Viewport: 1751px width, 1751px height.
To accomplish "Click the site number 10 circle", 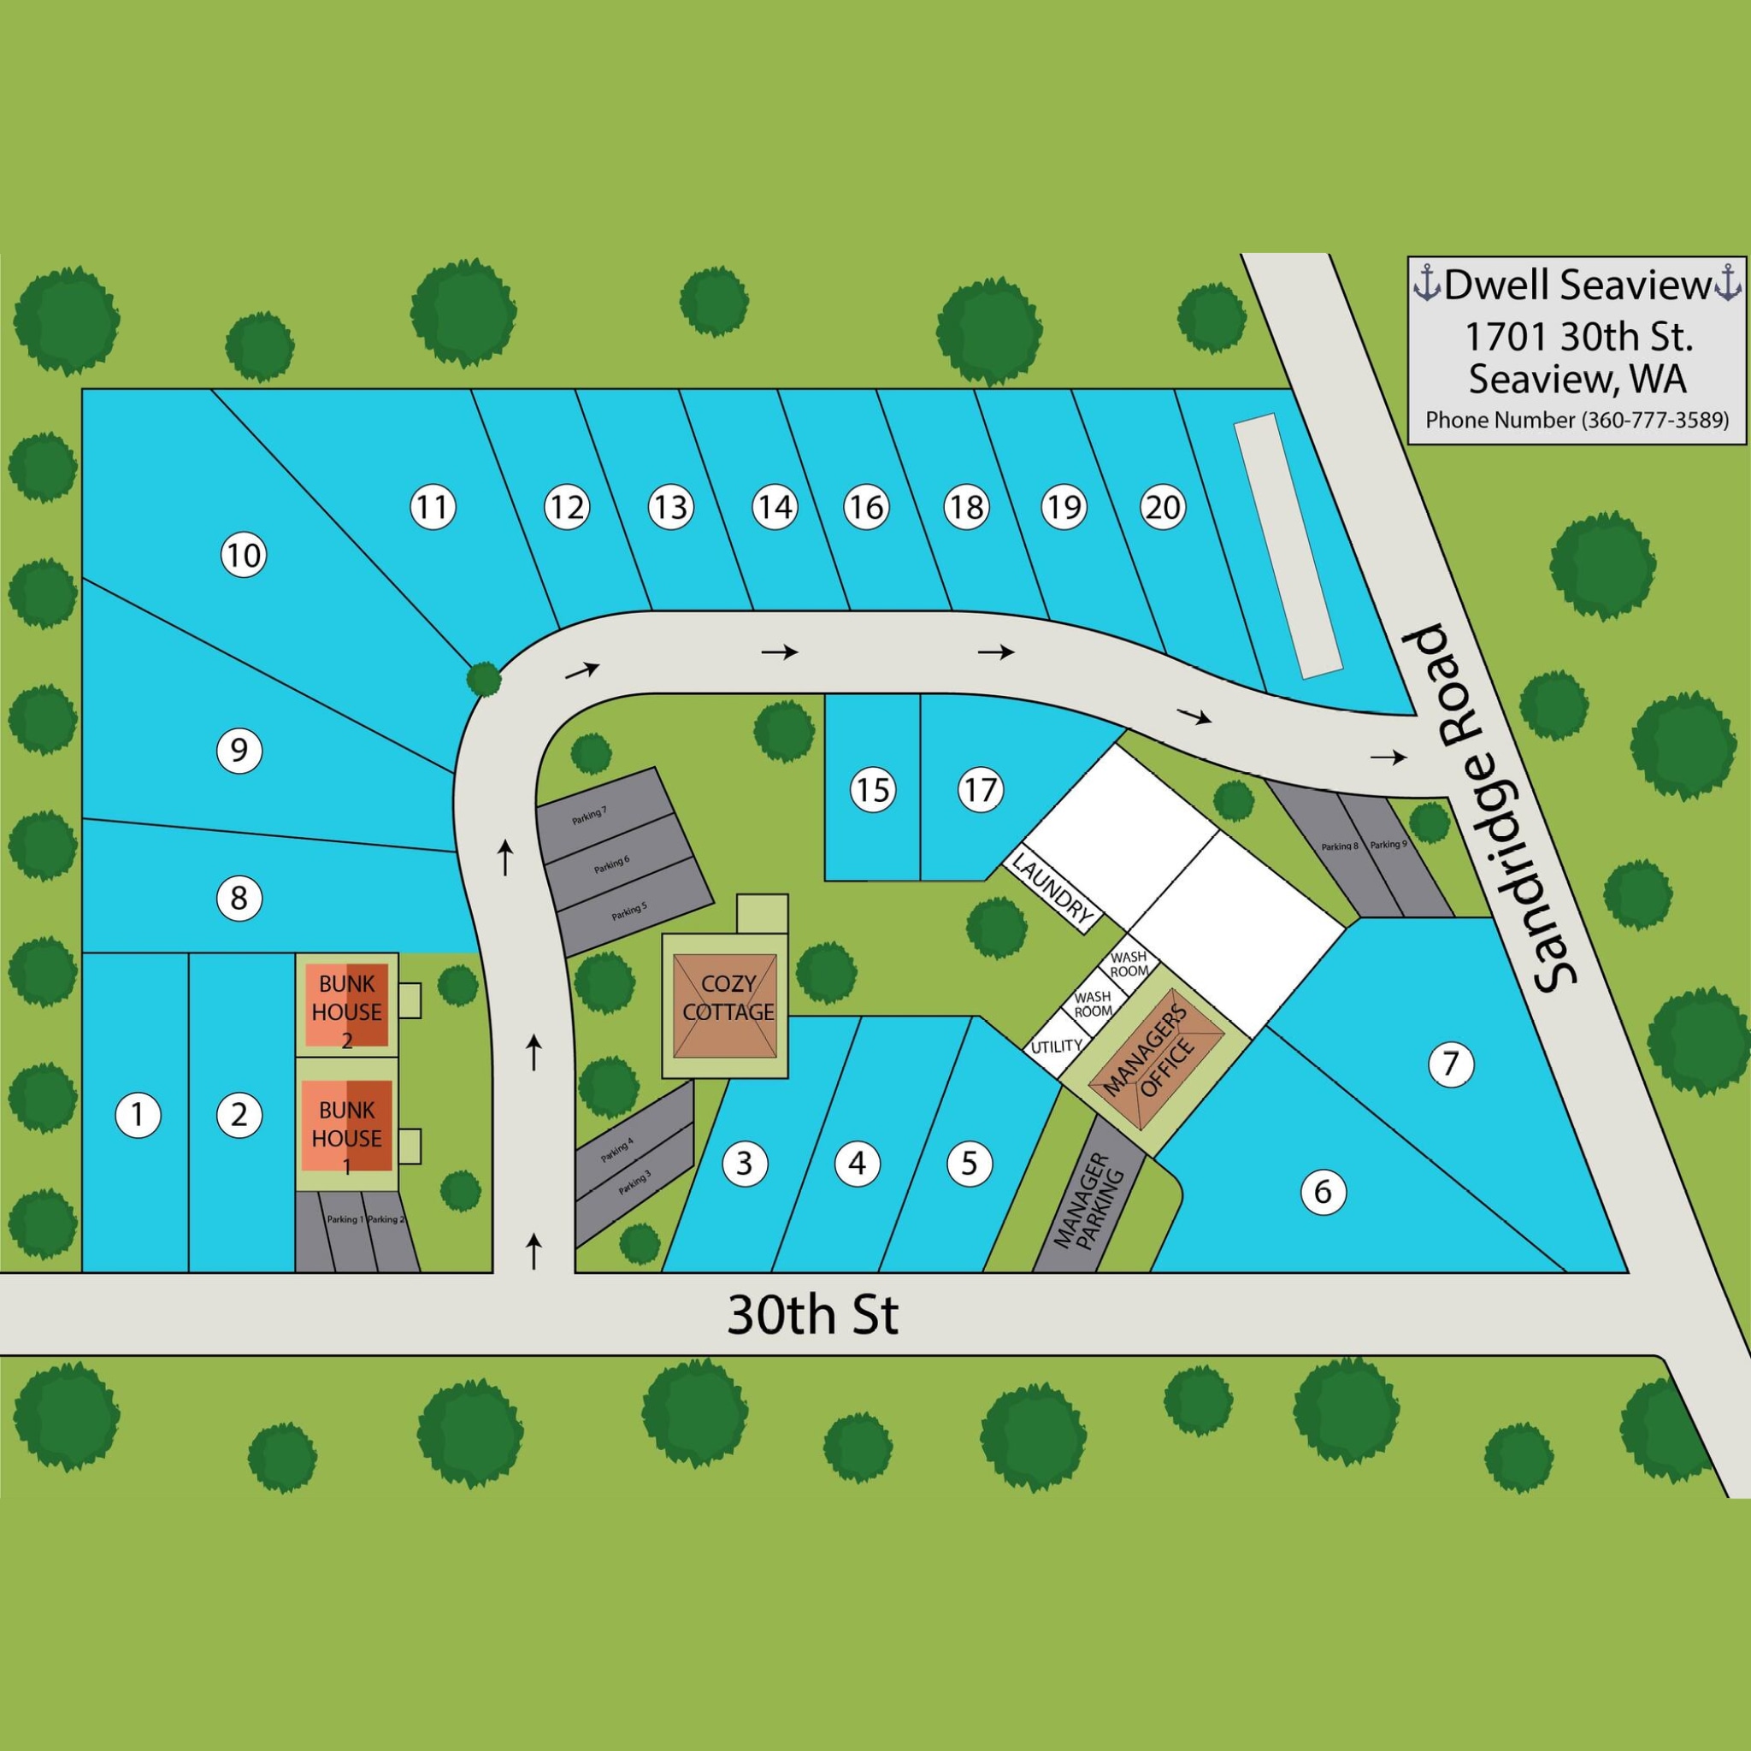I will pyautogui.click(x=243, y=554).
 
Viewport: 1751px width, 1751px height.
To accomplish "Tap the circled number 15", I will pyautogui.click(x=873, y=789).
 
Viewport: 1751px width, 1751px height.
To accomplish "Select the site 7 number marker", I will pyautogui.click(x=1450, y=1063).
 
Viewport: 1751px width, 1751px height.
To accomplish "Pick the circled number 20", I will pyautogui.click(x=1163, y=507).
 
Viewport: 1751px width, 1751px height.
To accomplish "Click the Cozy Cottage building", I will pyautogui.click(x=725, y=1005).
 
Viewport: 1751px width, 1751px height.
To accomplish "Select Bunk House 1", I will pyautogui.click(x=346, y=1123).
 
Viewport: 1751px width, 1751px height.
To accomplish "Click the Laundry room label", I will pyautogui.click(x=1052, y=889).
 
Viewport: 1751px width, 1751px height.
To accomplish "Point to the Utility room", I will pyautogui.click(x=1057, y=1046).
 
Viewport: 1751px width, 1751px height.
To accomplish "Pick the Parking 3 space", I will pyautogui.click(x=634, y=1182).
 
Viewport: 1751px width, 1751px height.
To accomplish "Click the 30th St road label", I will pyautogui.click(x=813, y=1315).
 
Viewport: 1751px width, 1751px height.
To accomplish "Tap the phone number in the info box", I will pyautogui.click(x=1576, y=421).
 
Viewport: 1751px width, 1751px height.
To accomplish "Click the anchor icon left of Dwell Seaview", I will pyautogui.click(x=1427, y=285).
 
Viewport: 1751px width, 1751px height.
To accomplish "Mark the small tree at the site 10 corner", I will pyautogui.click(x=483, y=677).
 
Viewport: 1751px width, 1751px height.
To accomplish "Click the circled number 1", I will pyautogui.click(x=138, y=1114).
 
